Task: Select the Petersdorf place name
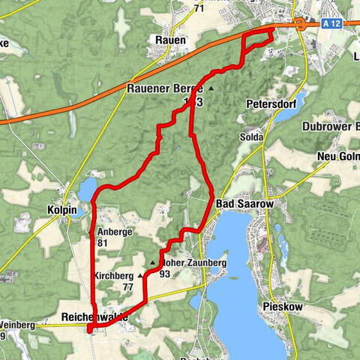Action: coord(268,104)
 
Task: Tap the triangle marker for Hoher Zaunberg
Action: coord(154,262)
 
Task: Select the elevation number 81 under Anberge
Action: coord(104,243)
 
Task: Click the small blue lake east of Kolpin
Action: coord(86,188)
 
